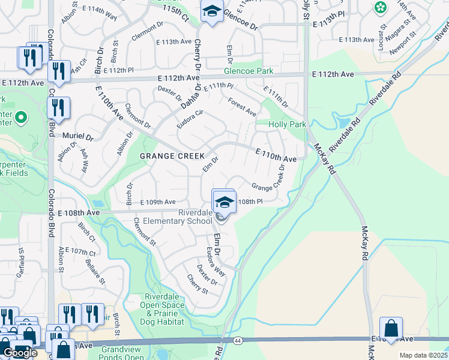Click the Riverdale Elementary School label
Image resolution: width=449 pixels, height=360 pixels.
[196, 217]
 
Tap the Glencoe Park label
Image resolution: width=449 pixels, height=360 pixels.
[249, 71]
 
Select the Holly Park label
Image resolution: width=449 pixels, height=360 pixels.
[289, 124]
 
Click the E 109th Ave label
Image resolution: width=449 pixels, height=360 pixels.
[157, 202]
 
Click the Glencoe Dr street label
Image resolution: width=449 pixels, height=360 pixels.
[240, 20]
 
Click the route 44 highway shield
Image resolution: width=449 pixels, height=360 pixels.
[238, 340]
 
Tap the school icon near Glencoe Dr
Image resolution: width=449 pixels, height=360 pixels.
[212, 13]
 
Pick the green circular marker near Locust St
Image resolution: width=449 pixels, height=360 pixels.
[380, 8]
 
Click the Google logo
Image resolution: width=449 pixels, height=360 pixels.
[20, 353]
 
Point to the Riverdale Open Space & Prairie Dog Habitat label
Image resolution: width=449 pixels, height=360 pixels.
[165, 306]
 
